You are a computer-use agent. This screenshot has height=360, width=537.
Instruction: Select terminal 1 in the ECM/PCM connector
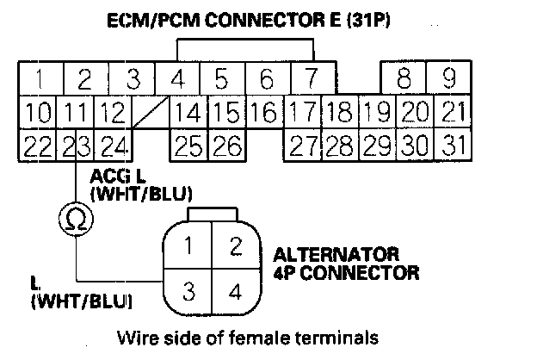click(37, 81)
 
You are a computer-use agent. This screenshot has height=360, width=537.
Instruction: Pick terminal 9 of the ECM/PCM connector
click(449, 81)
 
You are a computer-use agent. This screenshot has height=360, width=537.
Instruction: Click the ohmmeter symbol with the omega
click(75, 222)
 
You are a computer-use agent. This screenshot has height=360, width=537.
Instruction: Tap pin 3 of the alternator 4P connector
click(188, 290)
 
